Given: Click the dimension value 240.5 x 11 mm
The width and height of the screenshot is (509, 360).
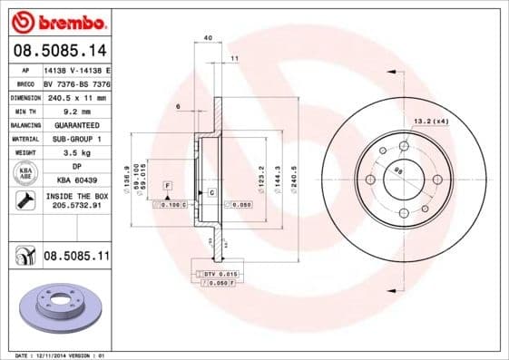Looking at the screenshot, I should click(x=76, y=97).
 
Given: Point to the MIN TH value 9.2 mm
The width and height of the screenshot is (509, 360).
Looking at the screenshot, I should click(x=76, y=111).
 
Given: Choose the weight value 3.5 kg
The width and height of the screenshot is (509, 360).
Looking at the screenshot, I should click(x=76, y=153).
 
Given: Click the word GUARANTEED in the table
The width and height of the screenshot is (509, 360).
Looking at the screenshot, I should click(x=76, y=125).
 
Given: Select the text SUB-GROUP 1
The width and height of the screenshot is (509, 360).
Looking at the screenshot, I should click(x=76, y=139).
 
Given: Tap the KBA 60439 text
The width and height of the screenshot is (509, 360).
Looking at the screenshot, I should click(x=76, y=181).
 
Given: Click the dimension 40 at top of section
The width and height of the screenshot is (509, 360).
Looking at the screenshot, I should click(x=208, y=37).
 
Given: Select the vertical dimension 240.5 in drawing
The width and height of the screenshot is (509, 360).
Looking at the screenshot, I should click(x=293, y=174).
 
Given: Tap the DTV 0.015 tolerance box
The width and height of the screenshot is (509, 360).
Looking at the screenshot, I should click(x=220, y=274).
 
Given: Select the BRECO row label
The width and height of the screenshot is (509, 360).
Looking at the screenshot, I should click(x=25, y=83).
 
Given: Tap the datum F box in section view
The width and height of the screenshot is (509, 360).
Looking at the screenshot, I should click(x=167, y=185).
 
